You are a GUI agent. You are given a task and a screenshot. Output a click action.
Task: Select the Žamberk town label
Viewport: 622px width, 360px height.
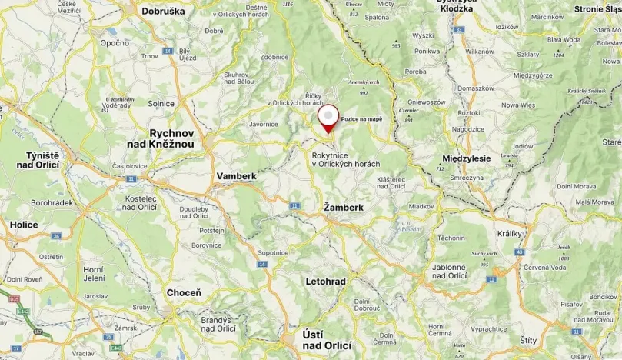pos(343,208)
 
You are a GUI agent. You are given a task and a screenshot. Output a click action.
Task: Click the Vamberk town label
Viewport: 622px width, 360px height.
pos(236,176)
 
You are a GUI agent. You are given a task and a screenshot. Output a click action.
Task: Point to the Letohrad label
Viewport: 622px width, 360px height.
pos(326,282)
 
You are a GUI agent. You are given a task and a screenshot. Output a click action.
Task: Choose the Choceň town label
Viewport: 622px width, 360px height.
pos(184,293)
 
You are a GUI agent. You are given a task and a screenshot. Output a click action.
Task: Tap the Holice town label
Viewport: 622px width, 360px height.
pos(25,225)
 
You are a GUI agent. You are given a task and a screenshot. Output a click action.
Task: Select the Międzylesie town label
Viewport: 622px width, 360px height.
pos(467,158)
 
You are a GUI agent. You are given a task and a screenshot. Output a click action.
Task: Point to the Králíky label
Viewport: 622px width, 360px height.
pos(510,233)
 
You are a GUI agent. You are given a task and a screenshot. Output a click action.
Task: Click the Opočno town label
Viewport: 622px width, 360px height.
pos(114,43)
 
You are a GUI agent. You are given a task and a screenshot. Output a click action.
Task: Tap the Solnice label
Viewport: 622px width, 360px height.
pos(161,103)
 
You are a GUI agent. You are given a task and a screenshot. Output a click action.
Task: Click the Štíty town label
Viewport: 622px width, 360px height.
pos(529,340)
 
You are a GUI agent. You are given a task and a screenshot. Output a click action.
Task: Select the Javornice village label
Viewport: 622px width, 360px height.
pos(263,123)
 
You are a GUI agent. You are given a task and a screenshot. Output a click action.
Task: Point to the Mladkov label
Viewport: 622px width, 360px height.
pos(421,207)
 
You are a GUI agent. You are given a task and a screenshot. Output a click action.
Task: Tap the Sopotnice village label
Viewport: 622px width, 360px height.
pos(273,252)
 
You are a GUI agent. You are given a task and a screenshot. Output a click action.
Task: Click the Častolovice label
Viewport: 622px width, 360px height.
pos(131,165)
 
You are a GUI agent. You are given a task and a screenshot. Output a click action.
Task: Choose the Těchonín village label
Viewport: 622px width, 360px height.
pos(451,238)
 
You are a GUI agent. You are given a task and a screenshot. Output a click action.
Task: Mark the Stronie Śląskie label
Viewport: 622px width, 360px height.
pos(598,9)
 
